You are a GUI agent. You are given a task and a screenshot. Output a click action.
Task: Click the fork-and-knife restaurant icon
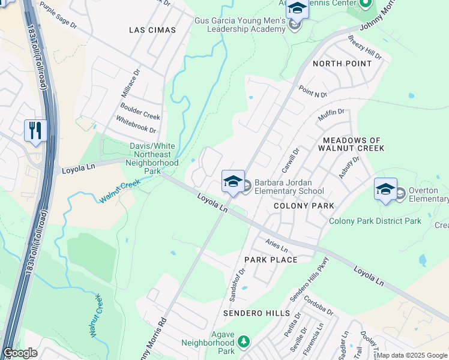(x=35, y=130)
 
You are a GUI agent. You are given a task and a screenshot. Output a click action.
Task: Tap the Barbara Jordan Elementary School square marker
(x=233, y=181)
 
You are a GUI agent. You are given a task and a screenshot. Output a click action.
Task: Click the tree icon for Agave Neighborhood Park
(x=243, y=341)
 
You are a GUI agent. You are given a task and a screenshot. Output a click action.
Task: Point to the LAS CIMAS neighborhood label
(x=152, y=30)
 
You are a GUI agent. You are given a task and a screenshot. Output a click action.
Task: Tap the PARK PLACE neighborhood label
(x=270, y=260)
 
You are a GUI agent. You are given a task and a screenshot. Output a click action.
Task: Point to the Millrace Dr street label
(x=131, y=83)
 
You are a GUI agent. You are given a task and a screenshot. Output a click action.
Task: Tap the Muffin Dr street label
(x=331, y=115)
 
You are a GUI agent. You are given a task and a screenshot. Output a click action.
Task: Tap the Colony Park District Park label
(x=375, y=221)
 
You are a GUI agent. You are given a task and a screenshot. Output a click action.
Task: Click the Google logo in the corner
(x=20, y=353)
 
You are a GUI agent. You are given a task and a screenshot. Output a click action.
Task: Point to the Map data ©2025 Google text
(x=411, y=355)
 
